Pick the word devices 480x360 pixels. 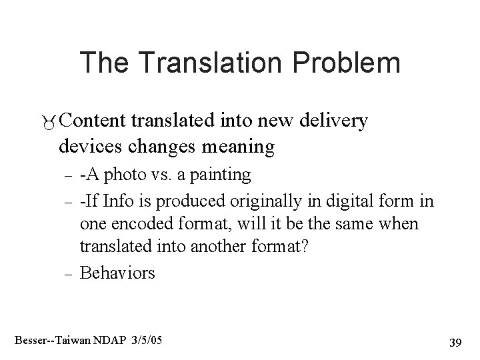coord(87,146)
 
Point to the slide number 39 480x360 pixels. coord(456,342)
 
